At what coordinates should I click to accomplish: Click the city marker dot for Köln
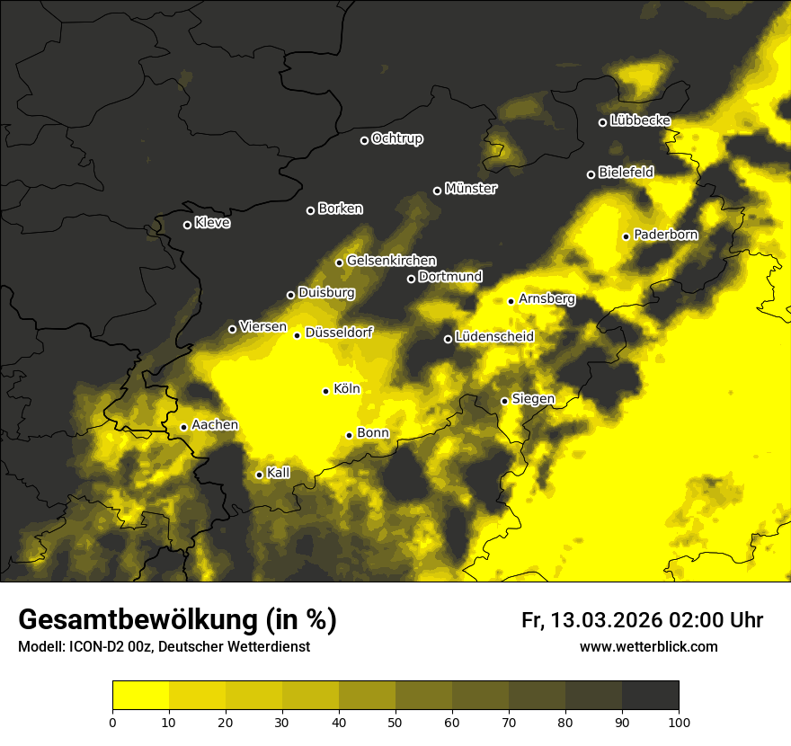click(326, 391)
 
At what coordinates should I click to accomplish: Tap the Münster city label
click(471, 189)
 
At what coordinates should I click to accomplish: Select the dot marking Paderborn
click(627, 236)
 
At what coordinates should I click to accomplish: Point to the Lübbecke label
click(640, 120)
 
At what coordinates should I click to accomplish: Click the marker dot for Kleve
click(188, 225)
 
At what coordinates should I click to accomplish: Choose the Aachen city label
click(215, 425)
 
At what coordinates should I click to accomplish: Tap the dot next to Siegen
click(504, 401)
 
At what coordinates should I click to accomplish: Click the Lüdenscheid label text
click(494, 337)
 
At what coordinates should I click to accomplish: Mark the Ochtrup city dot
click(364, 140)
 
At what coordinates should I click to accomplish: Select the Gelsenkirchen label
click(391, 261)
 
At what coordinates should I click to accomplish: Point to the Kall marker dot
click(260, 475)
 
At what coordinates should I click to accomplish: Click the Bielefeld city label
click(626, 172)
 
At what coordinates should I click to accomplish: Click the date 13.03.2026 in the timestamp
click(604, 620)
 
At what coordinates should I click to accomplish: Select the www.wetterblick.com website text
click(648, 646)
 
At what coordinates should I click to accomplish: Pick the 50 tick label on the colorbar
click(395, 721)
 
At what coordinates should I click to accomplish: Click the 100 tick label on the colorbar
click(679, 721)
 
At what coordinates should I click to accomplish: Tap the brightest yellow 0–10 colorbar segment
click(140, 696)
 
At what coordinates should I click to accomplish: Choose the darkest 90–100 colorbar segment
click(650, 696)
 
